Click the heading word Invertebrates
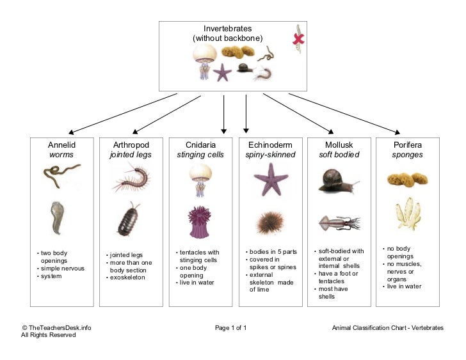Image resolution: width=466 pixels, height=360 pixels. click(228, 29)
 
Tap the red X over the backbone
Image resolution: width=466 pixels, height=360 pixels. click(298, 39)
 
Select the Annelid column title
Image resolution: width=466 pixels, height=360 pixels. click(61, 145)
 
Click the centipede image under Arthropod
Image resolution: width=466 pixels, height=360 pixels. click(131, 177)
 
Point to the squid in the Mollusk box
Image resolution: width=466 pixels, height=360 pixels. click(339, 223)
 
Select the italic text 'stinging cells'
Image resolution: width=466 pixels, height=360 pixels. click(200, 155)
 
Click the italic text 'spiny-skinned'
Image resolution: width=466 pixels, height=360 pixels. click(270, 155)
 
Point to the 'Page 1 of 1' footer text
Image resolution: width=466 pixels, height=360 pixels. click(231, 328)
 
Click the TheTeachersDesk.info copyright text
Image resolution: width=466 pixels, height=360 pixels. click(57, 328)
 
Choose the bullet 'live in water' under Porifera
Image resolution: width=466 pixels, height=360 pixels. click(404, 286)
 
